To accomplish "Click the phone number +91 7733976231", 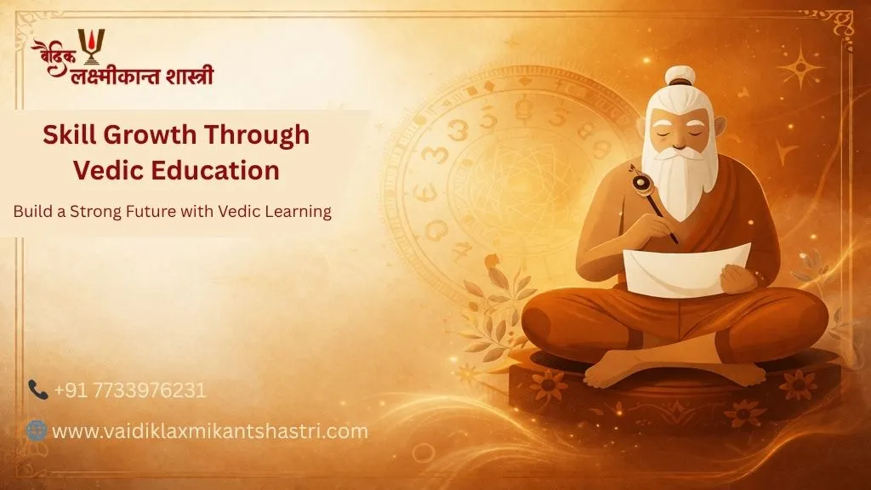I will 130,390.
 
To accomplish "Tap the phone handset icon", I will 37,390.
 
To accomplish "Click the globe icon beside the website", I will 37,430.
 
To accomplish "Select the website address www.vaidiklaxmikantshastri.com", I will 210,430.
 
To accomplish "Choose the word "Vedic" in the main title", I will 102,170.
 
